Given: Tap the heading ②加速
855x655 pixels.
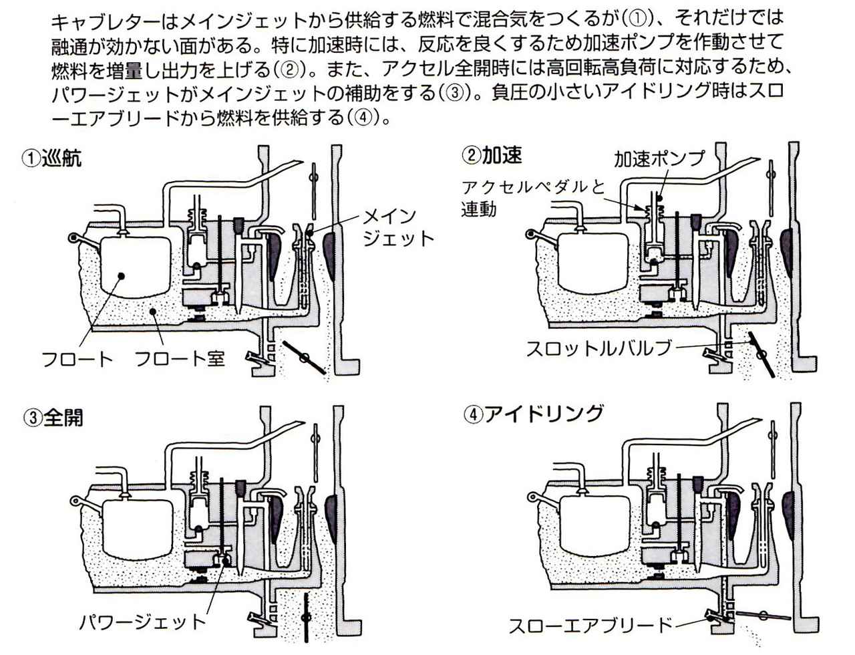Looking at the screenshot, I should (x=492, y=155).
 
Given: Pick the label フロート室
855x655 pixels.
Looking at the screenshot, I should (x=180, y=358).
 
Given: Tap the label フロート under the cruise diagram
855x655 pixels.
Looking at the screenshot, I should (x=77, y=358).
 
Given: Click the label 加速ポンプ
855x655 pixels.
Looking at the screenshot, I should (x=659, y=158).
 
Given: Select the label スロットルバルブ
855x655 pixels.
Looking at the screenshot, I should (x=598, y=348).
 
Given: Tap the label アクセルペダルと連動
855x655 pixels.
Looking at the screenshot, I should (x=532, y=198).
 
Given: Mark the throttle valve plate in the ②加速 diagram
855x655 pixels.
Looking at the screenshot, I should (x=761, y=354).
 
